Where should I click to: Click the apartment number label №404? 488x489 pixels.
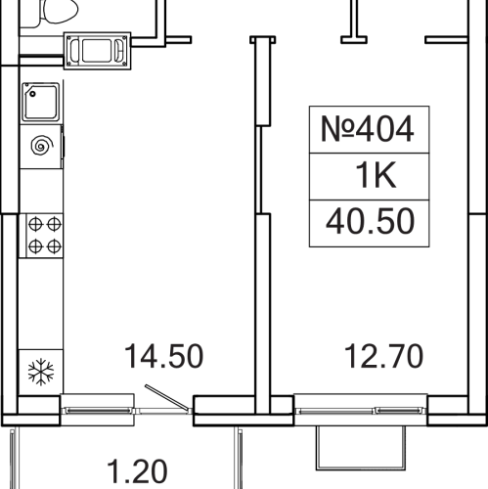point(368,129)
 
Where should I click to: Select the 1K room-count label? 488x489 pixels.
point(376,175)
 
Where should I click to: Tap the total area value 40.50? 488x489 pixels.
point(370,222)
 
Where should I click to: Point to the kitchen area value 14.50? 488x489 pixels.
point(163,356)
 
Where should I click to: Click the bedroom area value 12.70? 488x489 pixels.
point(383,356)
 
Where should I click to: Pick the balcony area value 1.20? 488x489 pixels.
point(137,471)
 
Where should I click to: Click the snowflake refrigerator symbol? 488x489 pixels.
point(41,372)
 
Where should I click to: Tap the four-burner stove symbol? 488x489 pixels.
point(45,236)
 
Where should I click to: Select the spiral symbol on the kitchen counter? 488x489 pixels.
point(42,146)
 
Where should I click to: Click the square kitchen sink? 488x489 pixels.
point(41,102)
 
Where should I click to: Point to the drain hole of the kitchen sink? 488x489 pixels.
point(32,94)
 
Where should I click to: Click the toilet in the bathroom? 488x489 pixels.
point(59,11)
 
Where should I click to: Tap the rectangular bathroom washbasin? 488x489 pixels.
point(97,51)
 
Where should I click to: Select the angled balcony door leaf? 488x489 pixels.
point(166,397)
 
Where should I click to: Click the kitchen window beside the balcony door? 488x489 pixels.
point(98,411)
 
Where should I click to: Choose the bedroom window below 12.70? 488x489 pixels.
point(361,411)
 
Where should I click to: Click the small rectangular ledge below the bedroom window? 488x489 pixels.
point(361,448)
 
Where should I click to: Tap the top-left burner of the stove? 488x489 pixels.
point(35,225)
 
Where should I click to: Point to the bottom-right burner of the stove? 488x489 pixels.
point(54,246)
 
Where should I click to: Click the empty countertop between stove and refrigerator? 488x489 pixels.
point(41,304)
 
